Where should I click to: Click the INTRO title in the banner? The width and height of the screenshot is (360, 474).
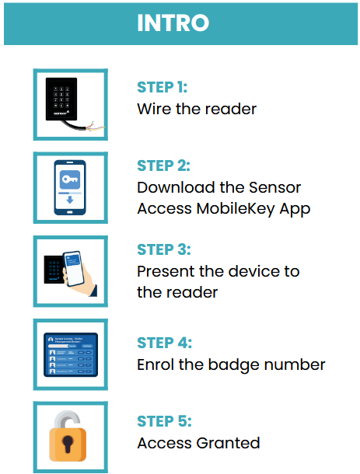click(173, 23)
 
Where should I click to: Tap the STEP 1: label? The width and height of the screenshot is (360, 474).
click(163, 87)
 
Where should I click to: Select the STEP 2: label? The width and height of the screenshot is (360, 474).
click(163, 166)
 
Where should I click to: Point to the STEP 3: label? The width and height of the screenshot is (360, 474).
click(164, 249)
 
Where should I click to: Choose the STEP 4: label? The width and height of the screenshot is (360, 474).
click(165, 343)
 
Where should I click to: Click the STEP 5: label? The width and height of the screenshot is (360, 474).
click(164, 421)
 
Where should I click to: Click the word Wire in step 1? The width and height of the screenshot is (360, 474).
click(154, 109)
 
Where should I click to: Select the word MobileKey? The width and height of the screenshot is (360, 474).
click(236, 208)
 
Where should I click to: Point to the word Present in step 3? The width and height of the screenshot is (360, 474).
click(166, 271)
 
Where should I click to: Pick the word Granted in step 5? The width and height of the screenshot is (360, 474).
click(228, 443)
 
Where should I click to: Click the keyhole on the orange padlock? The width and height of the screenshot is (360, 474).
click(68, 444)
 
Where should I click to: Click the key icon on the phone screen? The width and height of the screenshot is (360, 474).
click(70, 179)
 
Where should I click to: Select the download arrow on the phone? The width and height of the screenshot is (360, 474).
click(70, 200)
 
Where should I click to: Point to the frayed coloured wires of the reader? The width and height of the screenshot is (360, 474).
click(96, 127)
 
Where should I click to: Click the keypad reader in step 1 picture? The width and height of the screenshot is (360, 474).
click(61, 99)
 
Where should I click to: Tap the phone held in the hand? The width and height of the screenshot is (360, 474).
click(73, 268)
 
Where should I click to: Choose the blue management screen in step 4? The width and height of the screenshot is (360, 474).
click(71, 354)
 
